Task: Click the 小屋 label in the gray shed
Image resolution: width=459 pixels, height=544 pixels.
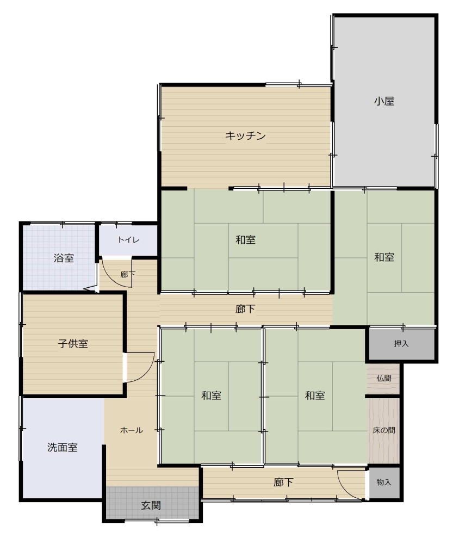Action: coord(384,101)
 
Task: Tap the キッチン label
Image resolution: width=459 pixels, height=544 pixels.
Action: coord(245,135)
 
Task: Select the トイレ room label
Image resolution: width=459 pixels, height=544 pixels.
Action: coord(128,240)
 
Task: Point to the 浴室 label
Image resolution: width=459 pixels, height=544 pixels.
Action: coord(64,258)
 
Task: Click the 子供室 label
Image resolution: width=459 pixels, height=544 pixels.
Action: coord(73,343)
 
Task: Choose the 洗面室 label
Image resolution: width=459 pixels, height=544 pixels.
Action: coord(63,447)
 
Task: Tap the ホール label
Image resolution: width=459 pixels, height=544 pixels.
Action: coord(132,430)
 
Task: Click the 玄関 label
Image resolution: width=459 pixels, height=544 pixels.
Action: coord(151,505)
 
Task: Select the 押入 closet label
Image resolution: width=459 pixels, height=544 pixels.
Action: coord(401,343)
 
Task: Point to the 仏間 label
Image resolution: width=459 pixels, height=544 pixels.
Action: coord(384,378)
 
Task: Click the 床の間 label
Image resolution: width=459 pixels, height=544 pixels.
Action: coord(384,430)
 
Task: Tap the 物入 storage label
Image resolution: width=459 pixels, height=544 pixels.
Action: coord(384,482)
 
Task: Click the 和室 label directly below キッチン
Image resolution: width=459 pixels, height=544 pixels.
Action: coord(246,240)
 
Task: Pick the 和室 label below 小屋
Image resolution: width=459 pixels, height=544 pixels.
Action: coord(384,257)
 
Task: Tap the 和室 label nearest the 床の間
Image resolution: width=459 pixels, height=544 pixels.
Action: coord(315,395)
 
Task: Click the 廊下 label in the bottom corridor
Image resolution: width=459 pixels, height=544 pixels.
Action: coord(283,482)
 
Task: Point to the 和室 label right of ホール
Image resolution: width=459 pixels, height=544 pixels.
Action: coord(212,395)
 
